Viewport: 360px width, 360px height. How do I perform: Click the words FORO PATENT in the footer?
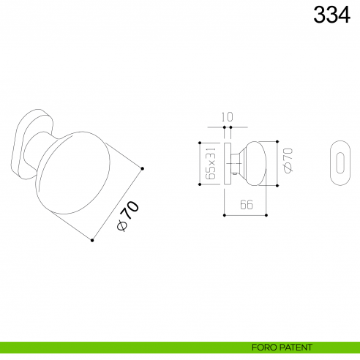282,347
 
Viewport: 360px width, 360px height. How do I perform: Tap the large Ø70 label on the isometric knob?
127,216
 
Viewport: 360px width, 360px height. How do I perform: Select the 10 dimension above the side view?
227,116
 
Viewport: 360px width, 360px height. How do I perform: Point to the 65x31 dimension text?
211,162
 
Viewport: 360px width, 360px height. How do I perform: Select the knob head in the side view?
253,162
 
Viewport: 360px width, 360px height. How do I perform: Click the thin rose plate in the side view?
228,162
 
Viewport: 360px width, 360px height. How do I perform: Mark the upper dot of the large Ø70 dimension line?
143,169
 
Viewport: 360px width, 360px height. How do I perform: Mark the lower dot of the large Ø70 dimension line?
92,240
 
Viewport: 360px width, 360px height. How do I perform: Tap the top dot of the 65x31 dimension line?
200,141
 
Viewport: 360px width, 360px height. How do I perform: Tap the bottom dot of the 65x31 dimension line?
200,184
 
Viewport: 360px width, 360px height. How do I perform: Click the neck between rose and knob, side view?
236,162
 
